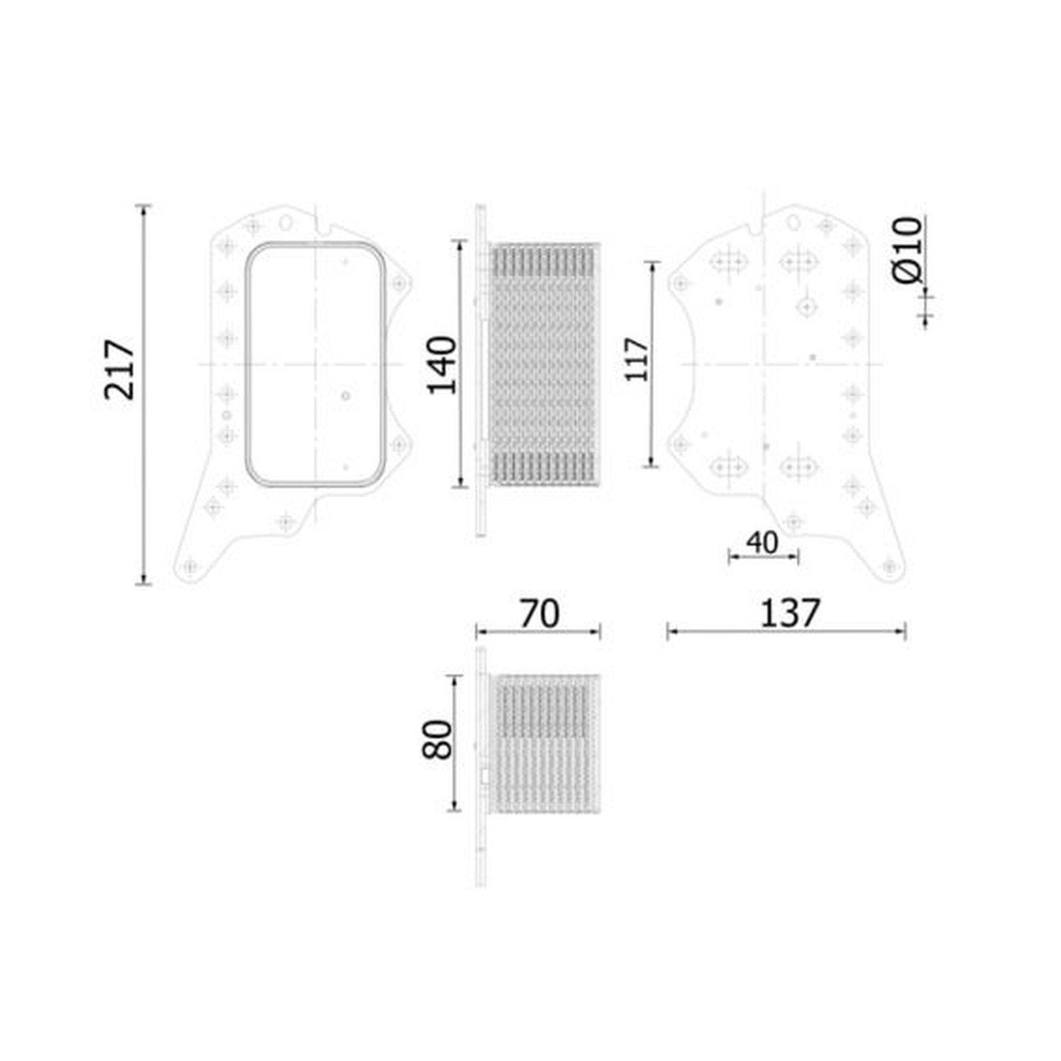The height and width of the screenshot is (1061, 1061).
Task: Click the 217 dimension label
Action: click(x=119, y=369)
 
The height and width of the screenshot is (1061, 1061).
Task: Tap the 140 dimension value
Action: click(x=442, y=365)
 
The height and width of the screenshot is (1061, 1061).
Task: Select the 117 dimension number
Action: click(x=637, y=359)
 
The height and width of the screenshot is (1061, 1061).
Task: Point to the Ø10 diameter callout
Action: click(x=906, y=250)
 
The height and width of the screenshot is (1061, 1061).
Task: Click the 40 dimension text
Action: click(x=762, y=543)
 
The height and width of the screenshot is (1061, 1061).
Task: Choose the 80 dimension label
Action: click(x=437, y=739)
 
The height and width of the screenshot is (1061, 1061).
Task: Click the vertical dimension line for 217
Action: click(x=143, y=395)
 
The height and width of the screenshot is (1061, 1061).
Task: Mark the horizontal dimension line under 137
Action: click(x=786, y=632)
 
